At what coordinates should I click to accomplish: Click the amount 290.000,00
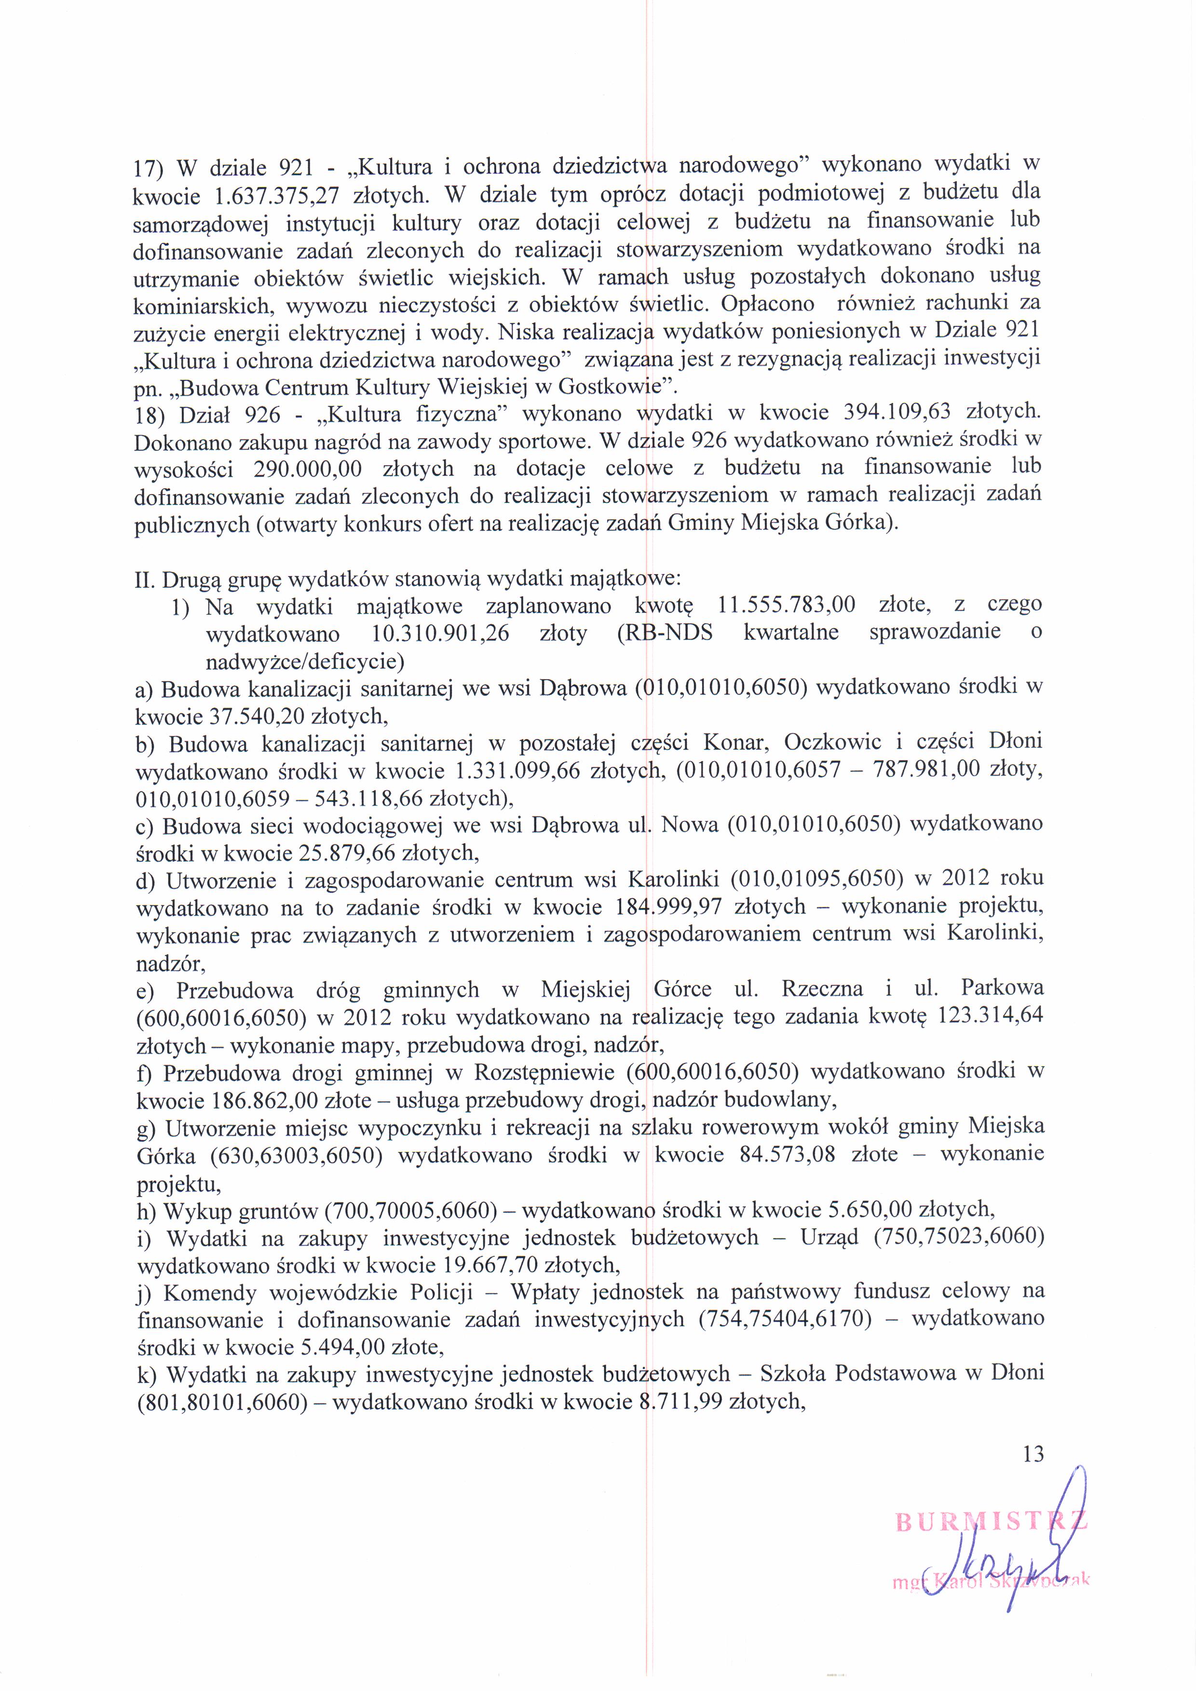(x=307, y=469)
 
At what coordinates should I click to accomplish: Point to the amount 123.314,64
(x=991, y=1016)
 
